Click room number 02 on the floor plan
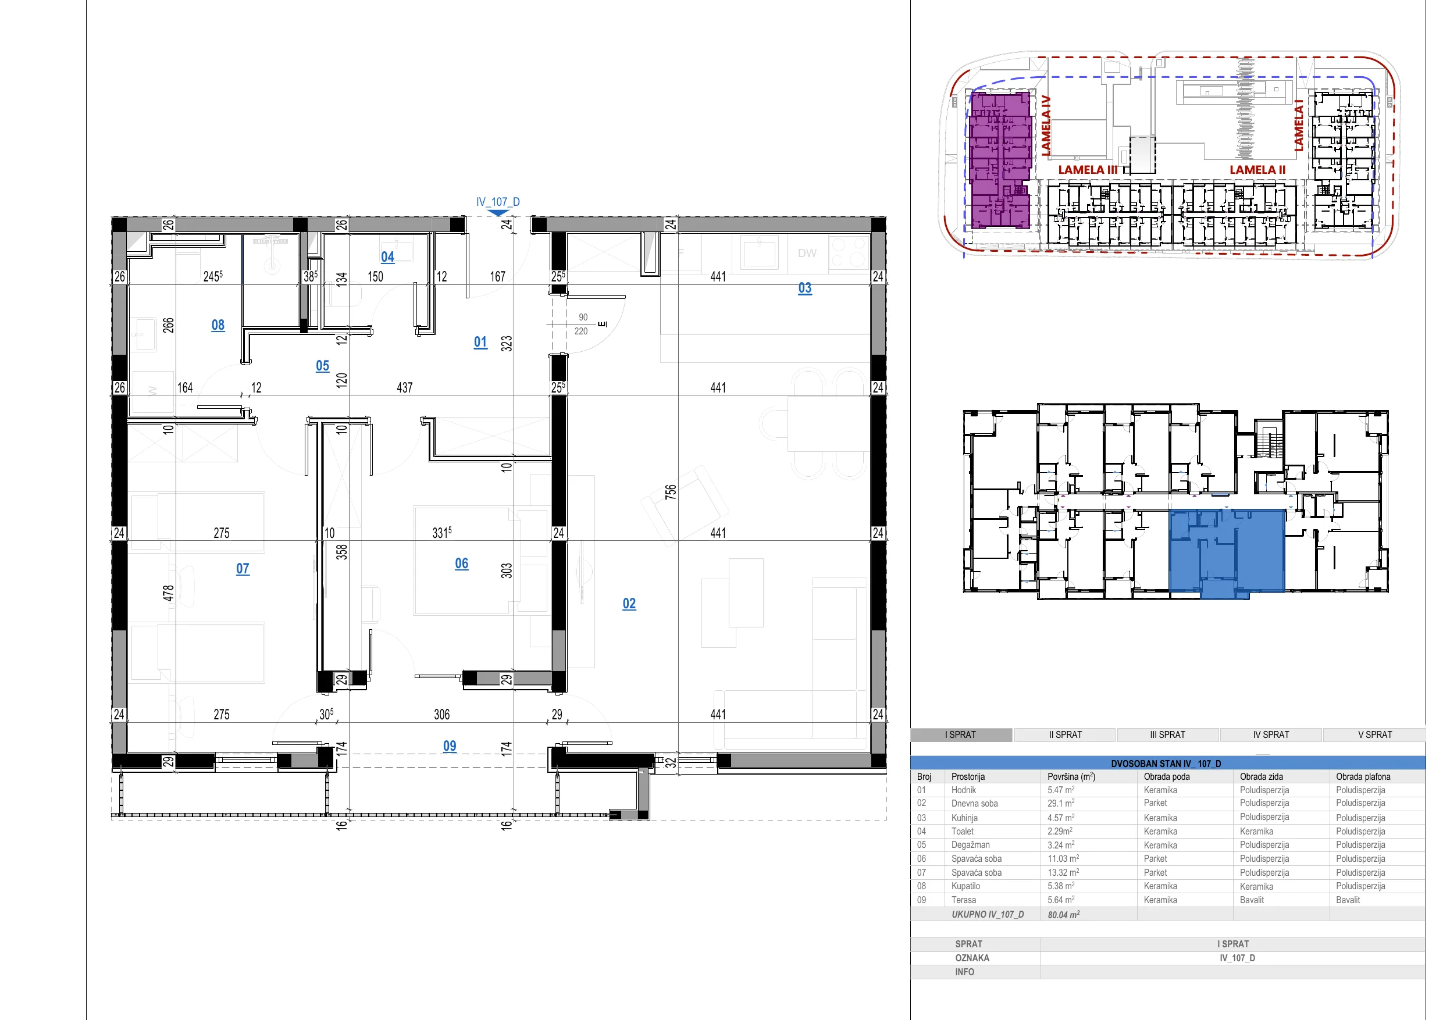tap(629, 603)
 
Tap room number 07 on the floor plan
tap(243, 569)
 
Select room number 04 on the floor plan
tap(388, 257)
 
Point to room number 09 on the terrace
tap(450, 746)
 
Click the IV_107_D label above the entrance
tap(498, 202)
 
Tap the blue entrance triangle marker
tap(498, 213)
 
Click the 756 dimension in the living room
tap(671, 491)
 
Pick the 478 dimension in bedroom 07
tap(168, 593)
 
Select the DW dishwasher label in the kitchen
tap(807, 254)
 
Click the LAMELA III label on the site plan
tap(1088, 170)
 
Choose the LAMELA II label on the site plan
tap(1257, 170)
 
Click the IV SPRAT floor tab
tap(1271, 734)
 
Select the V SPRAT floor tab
tap(1375, 734)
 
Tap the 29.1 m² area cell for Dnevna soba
tap(1061, 803)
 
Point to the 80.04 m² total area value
tap(1063, 914)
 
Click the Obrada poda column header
tap(1167, 777)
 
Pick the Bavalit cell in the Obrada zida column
tap(1252, 900)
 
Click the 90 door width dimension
tap(583, 318)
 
